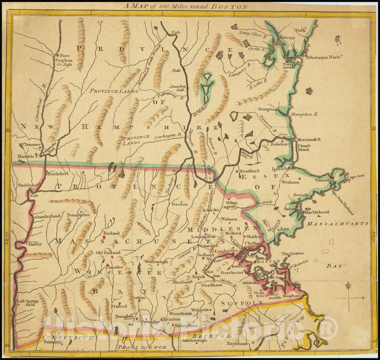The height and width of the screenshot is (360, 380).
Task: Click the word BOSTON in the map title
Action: (235, 6)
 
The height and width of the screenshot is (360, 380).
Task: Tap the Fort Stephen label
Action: (64, 58)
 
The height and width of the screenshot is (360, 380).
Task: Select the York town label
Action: (300, 31)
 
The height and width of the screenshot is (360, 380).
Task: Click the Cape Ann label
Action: (356, 176)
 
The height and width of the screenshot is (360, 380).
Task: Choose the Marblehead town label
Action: (317, 212)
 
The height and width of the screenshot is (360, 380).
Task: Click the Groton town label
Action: (180, 204)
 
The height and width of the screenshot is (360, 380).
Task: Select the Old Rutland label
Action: (108, 253)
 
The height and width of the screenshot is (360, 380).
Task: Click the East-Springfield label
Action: (25, 303)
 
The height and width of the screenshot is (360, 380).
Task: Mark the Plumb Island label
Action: (304, 147)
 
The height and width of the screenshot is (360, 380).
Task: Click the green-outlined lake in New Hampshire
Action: (208, 85)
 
